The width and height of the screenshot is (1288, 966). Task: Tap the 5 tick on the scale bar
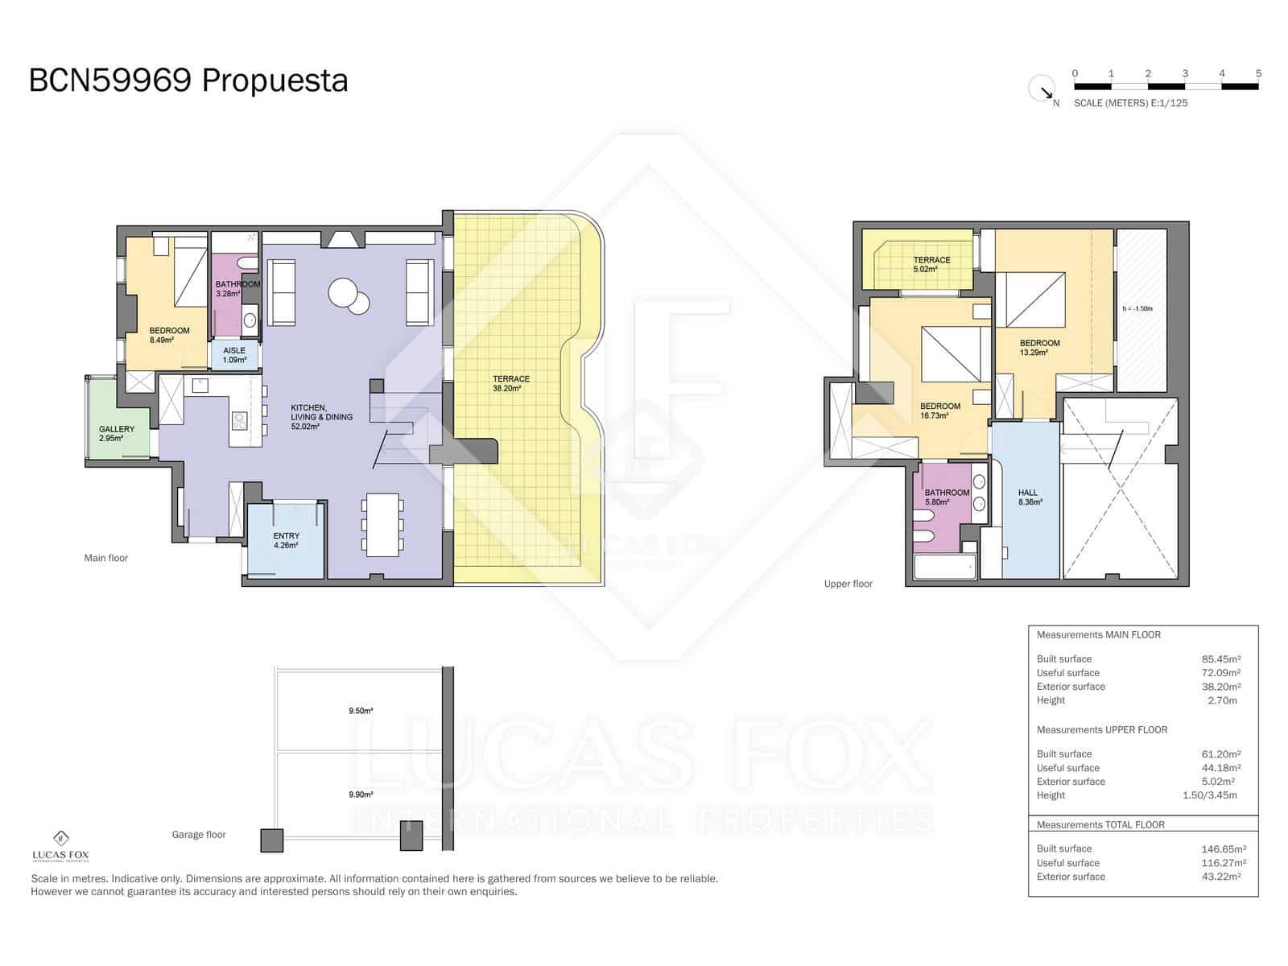1258,74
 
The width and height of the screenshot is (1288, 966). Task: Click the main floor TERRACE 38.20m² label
511,383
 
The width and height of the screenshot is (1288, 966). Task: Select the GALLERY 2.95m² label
117,434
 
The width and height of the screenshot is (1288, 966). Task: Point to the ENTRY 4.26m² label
286,540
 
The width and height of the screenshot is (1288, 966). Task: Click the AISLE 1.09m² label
234,355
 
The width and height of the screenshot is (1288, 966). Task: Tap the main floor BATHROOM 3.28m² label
237,289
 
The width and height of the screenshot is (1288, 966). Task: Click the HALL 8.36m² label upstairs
1028,497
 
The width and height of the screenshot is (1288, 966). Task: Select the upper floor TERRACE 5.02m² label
931,265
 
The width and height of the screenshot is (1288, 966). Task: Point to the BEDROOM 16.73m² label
940,411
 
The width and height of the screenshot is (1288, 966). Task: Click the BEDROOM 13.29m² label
1039,348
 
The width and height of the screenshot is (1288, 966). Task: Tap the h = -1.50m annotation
1137,308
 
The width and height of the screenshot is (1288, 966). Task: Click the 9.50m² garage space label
361,711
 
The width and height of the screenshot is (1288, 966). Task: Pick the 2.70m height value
1223,700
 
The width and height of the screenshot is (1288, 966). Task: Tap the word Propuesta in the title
275,80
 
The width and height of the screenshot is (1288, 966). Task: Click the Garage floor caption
199,835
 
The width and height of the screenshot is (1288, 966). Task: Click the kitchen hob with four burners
239,421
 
